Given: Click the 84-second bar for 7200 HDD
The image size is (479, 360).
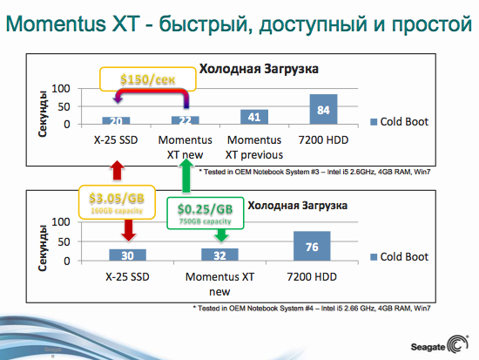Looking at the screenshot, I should pos(323,109).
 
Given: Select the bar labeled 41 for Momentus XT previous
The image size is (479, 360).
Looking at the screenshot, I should pos(254,117).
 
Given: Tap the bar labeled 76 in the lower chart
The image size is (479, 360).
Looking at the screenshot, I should pos(313,247).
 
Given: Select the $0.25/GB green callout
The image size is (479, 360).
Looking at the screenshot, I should pos(205,212).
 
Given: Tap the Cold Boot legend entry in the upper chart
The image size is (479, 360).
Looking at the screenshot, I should pos(401,121).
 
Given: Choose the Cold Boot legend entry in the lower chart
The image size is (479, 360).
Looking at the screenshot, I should pos(401,256).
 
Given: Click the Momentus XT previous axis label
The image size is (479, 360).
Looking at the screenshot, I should pos(253,146).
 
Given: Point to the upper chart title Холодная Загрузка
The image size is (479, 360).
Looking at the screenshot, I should pos(260,68).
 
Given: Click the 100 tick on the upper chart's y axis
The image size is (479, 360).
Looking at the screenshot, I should pos(61,89).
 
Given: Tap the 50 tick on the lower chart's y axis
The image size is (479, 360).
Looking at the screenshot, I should pos(64,241).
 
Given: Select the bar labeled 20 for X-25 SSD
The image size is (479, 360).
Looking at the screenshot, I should pos(116,120).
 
